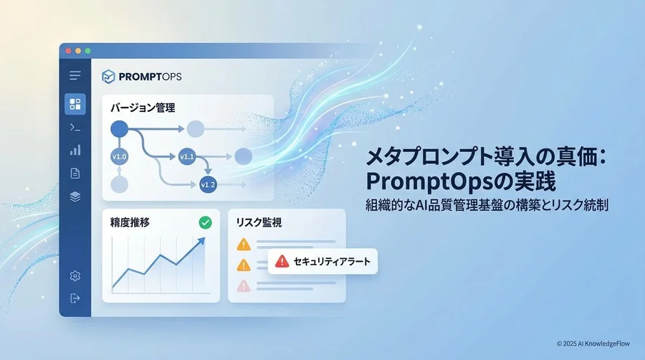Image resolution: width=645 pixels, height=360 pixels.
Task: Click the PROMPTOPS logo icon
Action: click(108, 77)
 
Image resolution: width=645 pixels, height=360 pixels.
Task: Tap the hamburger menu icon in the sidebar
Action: click(75, 75)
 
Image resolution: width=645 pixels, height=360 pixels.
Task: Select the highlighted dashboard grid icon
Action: click(75, 104)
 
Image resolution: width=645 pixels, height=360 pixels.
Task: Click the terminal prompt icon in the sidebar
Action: click(75, 128)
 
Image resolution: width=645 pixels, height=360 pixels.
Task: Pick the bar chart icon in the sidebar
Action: click(75, 150)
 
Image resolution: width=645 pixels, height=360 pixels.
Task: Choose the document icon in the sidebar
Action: click(75, 174)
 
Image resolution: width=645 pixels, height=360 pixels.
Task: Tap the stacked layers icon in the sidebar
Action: click(75, 197)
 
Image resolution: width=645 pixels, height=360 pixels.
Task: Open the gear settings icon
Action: click(75, 275)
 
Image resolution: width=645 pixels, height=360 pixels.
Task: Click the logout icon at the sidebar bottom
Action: click(75, 298)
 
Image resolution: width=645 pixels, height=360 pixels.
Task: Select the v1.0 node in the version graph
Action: click(119, 157)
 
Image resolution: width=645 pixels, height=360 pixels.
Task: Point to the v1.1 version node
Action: click(187, 157)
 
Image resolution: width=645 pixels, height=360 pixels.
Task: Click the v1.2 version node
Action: click(208, 185)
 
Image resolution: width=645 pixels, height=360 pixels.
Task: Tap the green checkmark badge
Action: click(205, 222)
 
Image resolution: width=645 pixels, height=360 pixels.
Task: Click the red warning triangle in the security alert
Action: click(282, 261)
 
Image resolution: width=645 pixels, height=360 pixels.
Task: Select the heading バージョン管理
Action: click(143, 108)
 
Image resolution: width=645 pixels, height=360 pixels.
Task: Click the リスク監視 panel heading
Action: click(259, 222)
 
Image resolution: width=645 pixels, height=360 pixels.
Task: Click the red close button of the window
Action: click(68, 51)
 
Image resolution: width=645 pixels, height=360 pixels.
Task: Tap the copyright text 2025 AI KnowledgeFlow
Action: click(596, 344)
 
